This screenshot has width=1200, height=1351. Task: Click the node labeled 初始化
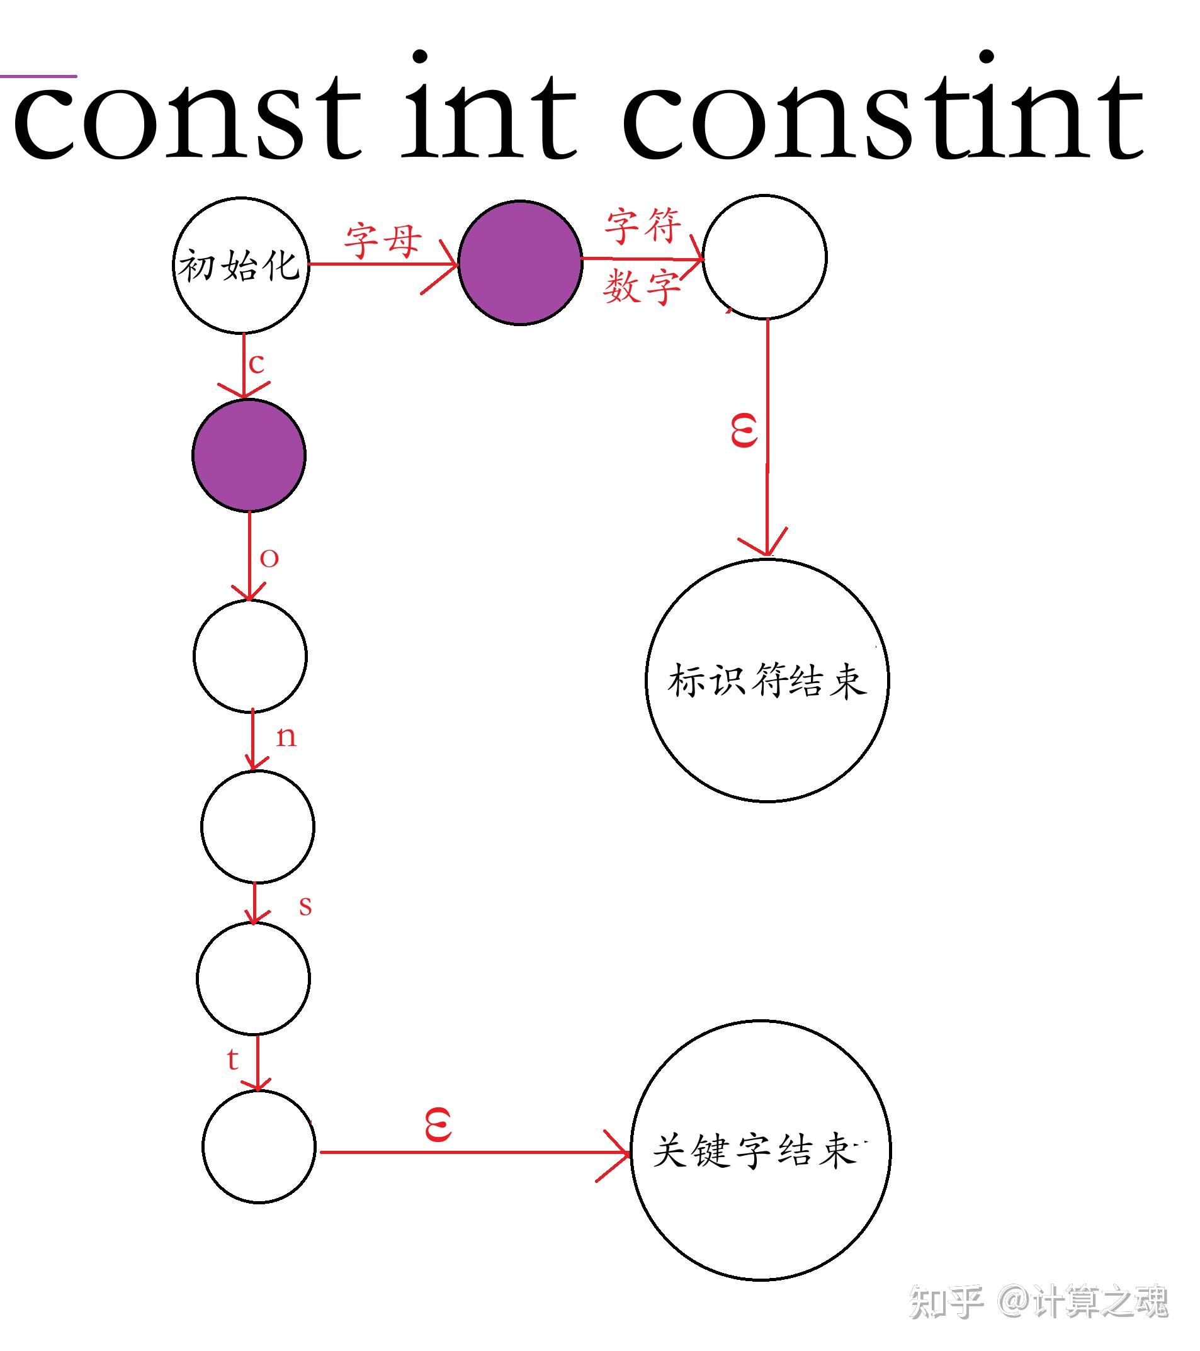241,264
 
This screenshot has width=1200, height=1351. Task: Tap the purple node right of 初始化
519,263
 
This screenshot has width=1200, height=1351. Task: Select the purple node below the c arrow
249,455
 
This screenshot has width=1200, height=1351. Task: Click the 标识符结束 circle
767,681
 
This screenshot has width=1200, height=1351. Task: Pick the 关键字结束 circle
761,1151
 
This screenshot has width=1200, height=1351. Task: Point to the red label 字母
382,240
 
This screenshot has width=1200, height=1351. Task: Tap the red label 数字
642,288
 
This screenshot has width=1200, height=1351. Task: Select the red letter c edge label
256,364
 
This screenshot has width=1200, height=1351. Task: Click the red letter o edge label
269,558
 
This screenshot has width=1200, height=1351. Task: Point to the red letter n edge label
286,737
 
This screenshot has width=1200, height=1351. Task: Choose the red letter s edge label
305,906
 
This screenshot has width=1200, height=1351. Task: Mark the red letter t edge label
232,1060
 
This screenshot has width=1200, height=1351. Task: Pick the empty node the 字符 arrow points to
764,256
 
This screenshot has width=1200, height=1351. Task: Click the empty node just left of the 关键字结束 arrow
259,1147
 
